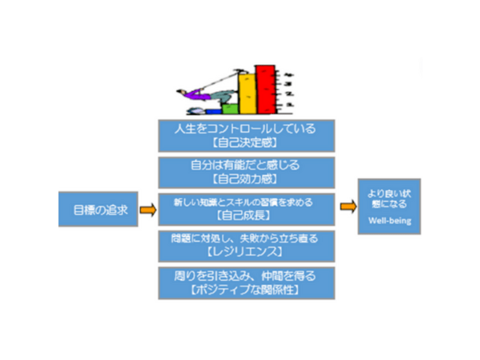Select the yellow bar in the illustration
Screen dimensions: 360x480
247,95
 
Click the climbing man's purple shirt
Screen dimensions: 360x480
193,94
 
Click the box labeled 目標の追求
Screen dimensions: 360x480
98,209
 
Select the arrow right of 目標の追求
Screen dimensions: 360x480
148,209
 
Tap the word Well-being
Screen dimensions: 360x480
389,221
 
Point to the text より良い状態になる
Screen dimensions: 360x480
389,197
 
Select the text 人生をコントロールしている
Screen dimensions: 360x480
246,128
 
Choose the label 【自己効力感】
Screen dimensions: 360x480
246,179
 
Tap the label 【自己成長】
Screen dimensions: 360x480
246,214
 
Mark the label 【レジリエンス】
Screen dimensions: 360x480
246,251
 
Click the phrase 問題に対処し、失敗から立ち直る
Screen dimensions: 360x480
246,238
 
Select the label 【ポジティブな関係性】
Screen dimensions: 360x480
246,288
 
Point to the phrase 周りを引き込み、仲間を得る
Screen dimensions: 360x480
246,275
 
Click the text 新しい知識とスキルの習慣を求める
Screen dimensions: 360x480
246,201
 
